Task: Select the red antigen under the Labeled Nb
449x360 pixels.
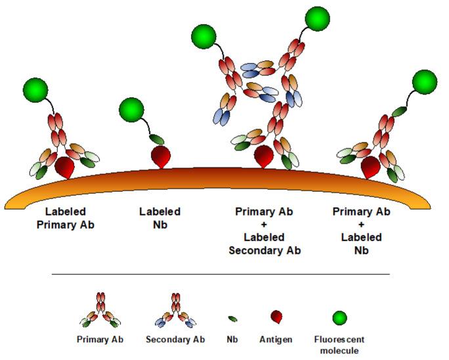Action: (161, 156)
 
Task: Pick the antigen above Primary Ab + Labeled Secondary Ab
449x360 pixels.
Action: (263, 156)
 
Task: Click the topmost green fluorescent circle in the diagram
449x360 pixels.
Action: (318, 18)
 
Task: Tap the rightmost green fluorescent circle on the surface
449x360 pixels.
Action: (424, 81)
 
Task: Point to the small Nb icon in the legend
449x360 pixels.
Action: (233, 319)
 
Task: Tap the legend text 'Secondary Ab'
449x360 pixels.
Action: (175, 340)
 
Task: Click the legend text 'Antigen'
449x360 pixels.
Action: (276, 340)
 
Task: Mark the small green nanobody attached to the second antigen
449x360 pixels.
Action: (157, 139)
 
